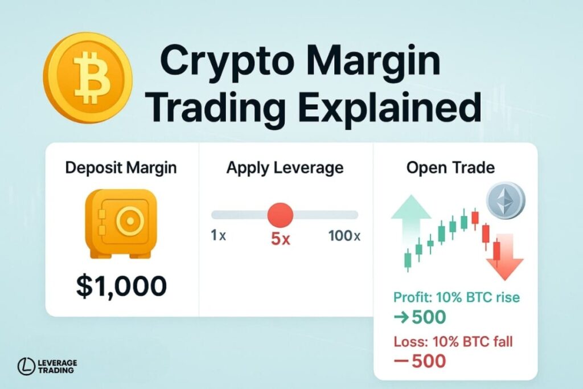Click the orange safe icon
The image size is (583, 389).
[121, 224]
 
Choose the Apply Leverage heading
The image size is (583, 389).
[285, 168]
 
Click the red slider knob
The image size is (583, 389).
[280, 215]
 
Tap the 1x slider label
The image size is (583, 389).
[218, 235]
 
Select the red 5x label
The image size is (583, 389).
[281, 239]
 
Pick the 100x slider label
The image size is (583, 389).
[344, 235]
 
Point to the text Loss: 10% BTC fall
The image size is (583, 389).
[453, 342]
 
